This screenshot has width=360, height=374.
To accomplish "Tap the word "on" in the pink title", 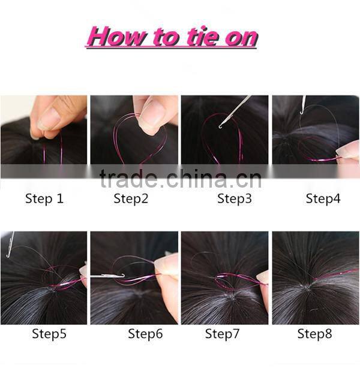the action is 241,38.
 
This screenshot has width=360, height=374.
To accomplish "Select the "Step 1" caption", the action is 44,199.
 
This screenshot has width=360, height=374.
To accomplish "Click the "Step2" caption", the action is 131,199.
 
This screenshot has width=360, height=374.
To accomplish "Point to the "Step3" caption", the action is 235,199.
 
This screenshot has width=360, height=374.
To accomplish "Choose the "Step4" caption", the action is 323,199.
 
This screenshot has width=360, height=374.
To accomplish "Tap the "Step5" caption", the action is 49,334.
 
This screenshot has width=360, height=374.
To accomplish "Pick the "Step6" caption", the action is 145,334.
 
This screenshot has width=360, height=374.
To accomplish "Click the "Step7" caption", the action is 222,334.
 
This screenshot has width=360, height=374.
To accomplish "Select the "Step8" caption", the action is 314,334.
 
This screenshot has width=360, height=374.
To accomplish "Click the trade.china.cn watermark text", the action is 181,179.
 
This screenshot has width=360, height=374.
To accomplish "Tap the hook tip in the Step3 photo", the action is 220,128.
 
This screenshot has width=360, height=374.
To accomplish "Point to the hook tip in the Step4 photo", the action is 301,112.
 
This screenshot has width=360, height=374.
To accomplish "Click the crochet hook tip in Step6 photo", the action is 123,275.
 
